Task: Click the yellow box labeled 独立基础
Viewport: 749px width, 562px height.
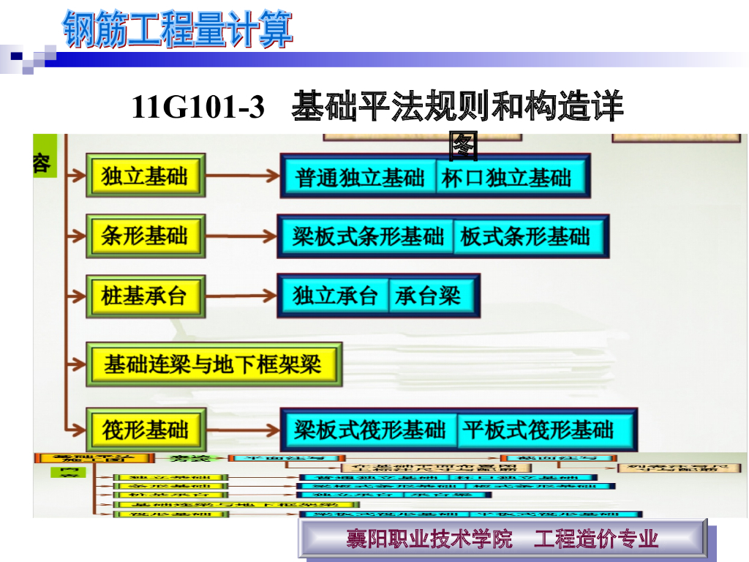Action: pos(145,176)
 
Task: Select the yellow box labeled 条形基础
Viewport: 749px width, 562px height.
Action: pos(145,236)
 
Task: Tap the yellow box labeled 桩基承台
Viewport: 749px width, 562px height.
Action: pos(145,296)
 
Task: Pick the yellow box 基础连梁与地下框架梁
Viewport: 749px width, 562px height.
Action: pos(213,364)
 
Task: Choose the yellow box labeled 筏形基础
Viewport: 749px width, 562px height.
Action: pos(145,430)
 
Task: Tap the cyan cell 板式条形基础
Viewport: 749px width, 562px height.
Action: pos(526,236)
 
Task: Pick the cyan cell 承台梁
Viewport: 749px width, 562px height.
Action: pos(429,296)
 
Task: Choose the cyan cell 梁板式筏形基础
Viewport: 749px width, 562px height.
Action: pos(369,430)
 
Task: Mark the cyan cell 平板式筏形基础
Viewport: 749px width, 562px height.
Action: pos(538,430)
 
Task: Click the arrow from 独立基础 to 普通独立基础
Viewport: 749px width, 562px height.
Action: pos(241,176)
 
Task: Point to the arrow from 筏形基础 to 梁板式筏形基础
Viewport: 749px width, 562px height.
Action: pos(241,430)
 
